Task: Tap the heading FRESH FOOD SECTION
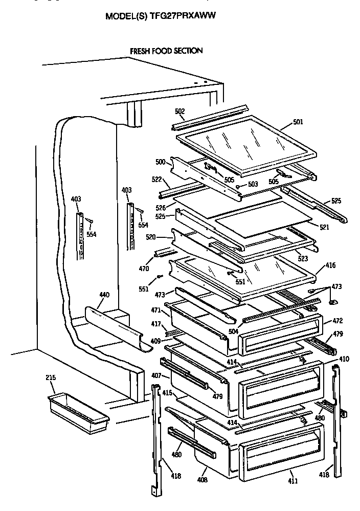pyautogui.click(x=166, y=51)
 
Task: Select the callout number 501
pyautogui.click(x=298, y=122)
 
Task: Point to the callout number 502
pyautogui.click(x=179, y=112)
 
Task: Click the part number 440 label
pyautogui.click(x=104, y=295)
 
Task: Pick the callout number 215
pyautogui.click(x=51, y=378)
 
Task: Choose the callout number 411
pyautogui.click(x=292, y=480)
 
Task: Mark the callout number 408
pyautogui.click(x=203, y=480)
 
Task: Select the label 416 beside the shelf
pyautogui.click(x=330, y=266)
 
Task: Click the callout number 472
pyautogui.click(x=337, y=321)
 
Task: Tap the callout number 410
pyautogui.click(x=344, y=359)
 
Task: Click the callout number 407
pyautogui.click(x=156, y=376)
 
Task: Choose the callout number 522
pyautogui.click(x=156, y=180)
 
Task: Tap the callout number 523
pyautogui.click(x=302, y=252)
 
